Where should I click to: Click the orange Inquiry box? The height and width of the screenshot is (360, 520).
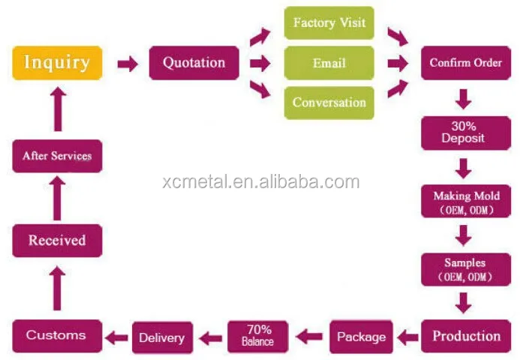[x=57, y=63]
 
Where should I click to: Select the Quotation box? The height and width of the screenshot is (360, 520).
[x=194, y=63]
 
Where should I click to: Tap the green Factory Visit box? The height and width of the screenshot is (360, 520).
[x=329, y=22]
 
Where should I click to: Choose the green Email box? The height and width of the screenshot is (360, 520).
[x=329, y=63]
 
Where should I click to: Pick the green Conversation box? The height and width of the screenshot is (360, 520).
[x=329, y=103]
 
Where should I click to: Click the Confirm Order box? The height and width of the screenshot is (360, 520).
[x=465, y=63]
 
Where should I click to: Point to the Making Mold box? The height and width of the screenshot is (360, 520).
[x=465, y=201]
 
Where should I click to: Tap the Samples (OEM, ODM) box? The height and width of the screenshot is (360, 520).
[x=465, y=268]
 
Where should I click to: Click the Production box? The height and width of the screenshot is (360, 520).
[x=466, y=335]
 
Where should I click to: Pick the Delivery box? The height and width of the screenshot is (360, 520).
[x=161, y=337]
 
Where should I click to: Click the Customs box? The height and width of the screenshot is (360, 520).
[x=56, y=335]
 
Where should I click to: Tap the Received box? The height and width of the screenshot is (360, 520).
[x=57, y=241]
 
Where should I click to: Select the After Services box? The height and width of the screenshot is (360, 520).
[x=57, y=156]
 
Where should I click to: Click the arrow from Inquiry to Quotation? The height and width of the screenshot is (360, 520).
[x=128, y=64]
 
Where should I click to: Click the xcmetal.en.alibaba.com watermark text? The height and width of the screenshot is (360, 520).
[x=260, y=181]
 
